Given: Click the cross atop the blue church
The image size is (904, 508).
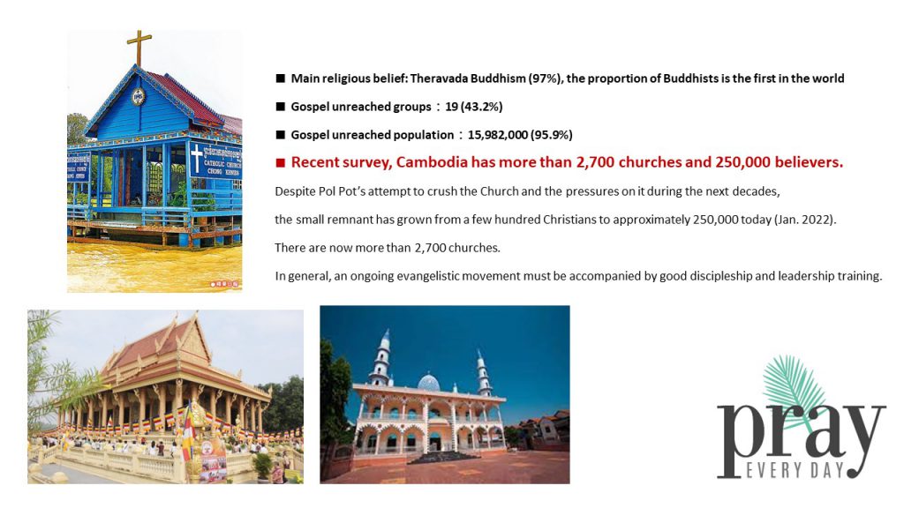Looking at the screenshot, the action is tap(139, 48).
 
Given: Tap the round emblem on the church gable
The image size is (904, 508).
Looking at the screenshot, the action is tap(139, 96).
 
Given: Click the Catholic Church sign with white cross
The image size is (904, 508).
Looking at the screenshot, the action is tap(215, 161).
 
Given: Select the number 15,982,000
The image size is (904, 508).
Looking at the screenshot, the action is tap(498, 135).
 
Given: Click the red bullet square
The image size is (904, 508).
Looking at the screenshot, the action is tap(280, 162).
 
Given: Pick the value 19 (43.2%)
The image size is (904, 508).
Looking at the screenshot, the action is tap(473, 107).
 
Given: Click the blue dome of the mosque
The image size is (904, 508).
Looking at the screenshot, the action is tap(428, 382).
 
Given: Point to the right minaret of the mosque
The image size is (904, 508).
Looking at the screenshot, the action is tap(483, 373).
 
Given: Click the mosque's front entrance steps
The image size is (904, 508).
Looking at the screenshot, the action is tap(442, 458).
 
